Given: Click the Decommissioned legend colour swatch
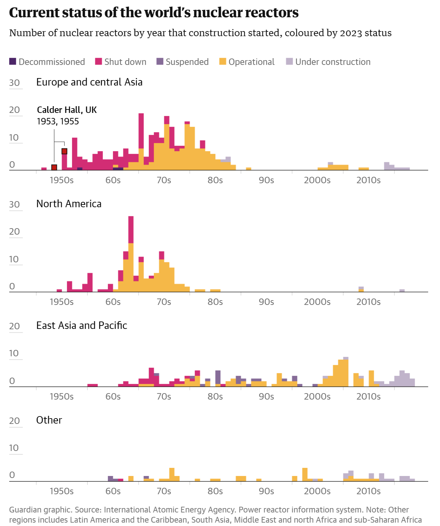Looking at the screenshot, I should pos(13,62).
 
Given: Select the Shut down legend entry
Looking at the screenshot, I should pos(121,62).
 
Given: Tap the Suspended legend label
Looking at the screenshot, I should pos(187,62).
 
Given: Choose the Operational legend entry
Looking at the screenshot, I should pos(247,62).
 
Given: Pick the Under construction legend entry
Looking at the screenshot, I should pos(328,62).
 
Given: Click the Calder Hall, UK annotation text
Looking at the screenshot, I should pos(67,110).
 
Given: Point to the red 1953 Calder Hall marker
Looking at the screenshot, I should pos(54,167).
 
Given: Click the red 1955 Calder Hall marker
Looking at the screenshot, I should pos(64,151).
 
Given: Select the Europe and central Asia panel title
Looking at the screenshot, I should pos(89,82).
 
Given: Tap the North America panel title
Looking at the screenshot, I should pos(69,204).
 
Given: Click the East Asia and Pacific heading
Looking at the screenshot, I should pos(81,326).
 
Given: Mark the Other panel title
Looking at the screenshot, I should pos(49,420).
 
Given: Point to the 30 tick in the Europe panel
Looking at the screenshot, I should pos(14,83).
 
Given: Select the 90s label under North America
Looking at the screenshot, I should pos(266,302).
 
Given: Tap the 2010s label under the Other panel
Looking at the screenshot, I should pos(368,491).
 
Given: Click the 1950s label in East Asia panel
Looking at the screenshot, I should pos(62,397).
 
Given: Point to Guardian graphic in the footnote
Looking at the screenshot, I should pos(38,510).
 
